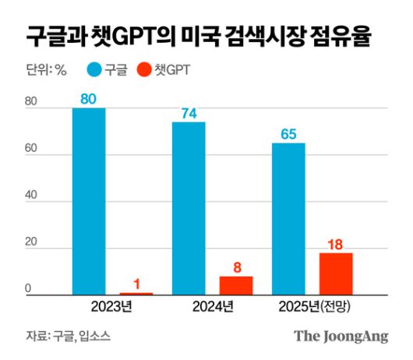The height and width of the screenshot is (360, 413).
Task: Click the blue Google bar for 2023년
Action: (89, 201)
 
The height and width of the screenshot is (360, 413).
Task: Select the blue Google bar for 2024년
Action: (189, 208)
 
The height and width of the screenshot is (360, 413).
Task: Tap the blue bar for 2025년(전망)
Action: (288, 219)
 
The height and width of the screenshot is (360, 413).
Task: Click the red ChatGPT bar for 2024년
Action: (235, 286)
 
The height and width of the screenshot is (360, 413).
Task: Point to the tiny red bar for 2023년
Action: (136, 294)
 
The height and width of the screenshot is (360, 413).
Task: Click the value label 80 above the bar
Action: (89, 99)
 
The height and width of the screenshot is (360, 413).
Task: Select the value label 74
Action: (189, 113)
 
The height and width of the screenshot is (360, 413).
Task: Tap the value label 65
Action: (288, 134)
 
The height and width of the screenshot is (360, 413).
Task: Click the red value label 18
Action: (336, 244)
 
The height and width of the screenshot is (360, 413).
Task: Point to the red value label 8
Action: (235, 267)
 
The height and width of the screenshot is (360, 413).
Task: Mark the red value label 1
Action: (136, 284)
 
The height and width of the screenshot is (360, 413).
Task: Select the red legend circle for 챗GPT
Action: (143, 69)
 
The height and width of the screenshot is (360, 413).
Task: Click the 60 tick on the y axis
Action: (30, 154)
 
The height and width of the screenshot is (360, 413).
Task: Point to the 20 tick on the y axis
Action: (30, 249)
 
